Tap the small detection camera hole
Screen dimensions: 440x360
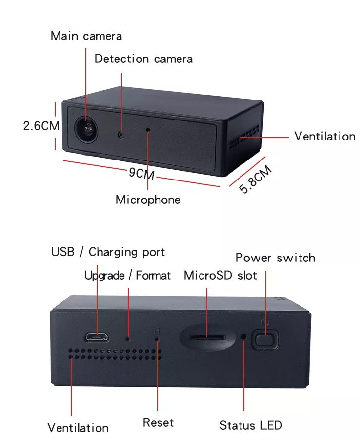120,134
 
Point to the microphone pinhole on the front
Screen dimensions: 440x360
148,130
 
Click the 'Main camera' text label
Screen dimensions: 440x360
86,36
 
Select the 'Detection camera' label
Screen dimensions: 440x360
143,59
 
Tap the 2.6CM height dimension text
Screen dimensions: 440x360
41,126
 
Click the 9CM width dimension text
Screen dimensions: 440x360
141,173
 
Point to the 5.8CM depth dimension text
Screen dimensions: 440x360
255,180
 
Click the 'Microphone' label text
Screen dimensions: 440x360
148,200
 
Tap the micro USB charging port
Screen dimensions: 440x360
97,336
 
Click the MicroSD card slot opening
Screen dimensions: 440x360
207,337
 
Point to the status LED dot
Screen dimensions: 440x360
244,336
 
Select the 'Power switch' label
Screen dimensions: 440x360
275,258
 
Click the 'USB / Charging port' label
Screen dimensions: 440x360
108,252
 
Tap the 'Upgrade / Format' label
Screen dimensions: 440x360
127,275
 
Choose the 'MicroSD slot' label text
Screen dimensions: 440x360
220,275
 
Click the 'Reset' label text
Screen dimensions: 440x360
158,422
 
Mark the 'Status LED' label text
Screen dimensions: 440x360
251,425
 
